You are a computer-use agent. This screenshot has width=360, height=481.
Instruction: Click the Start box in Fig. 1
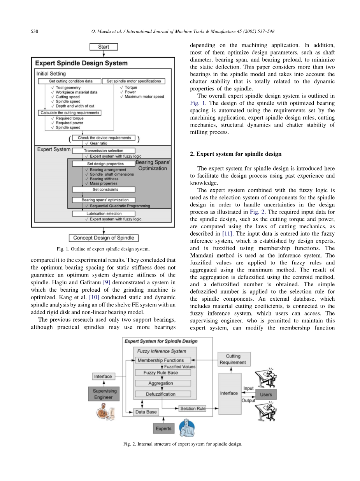coord(104,47)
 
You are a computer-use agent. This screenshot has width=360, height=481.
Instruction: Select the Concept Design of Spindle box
coord(104,238)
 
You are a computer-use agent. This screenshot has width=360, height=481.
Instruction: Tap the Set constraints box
coord(104,190)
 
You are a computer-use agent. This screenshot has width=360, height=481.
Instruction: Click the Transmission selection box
coord(104,151)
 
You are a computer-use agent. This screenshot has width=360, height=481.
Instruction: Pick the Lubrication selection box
coord(104,213)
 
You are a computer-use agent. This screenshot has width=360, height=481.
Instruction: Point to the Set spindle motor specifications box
coord(133,81)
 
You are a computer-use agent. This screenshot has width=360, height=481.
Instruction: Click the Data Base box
coord(146,412)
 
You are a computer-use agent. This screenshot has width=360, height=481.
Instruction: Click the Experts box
coord(163,428)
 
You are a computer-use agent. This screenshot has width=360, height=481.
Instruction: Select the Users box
coord(266,395)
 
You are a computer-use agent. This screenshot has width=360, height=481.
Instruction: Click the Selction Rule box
coord(193,409)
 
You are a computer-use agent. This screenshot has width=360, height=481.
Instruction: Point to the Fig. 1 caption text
coord(103,249)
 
